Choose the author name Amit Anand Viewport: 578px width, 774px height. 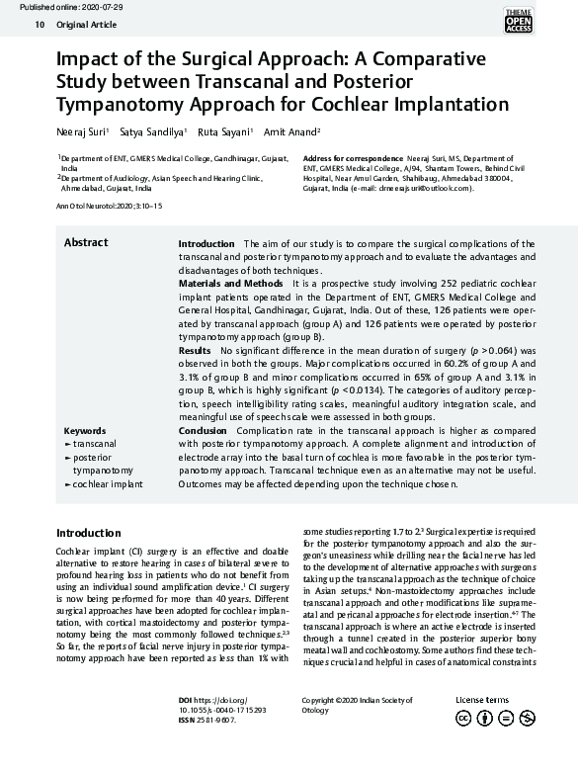[x=291, y=131]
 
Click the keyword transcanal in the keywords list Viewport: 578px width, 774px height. [x=94, y=445]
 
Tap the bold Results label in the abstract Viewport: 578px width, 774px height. [x=194, y=351]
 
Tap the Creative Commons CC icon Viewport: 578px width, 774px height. [x=462, y=719]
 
